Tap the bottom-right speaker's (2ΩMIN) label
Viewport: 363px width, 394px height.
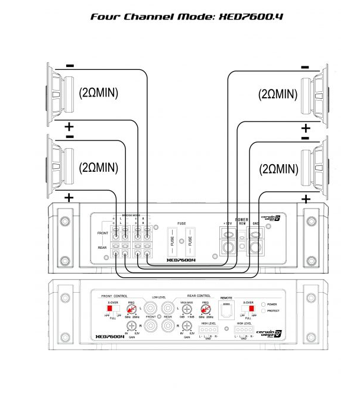[278, 168]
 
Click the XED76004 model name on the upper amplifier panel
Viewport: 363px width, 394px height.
[181, 260]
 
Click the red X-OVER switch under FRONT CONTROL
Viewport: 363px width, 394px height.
[110, 308]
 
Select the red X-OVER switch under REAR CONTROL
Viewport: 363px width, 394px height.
[251, 309]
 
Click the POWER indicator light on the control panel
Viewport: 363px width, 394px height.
[264, 304]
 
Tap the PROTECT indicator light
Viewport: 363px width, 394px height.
[264, 310]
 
